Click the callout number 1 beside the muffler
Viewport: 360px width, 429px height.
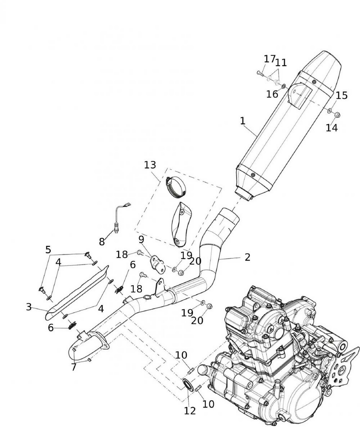(x=243, y=121)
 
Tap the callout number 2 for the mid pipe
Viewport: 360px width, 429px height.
(x=247, y=257)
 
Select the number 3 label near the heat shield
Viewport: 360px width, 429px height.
(x=29, y=307)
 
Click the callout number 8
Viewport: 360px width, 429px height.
(x=102, y=242)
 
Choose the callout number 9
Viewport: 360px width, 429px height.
(x=141, y=239)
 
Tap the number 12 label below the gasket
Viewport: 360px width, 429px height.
(x=190, y=411)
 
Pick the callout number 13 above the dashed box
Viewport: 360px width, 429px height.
(x=150, y=165)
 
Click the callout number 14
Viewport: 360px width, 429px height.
(x=331, y=127)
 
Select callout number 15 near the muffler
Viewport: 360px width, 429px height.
(x=341, y=95)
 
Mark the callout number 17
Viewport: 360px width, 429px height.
(x=269, y=59)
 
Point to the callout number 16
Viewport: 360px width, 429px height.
(x=272, y=94)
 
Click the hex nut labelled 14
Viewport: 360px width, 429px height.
(x=337, y=115)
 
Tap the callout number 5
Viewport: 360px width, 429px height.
(x=48, y=250)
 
